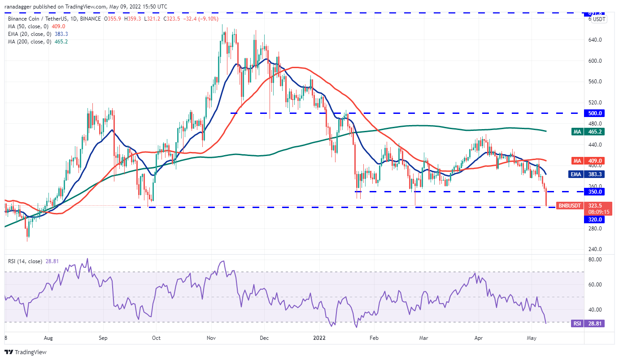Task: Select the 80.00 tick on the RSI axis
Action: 595,260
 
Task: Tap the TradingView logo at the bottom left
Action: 26,352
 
